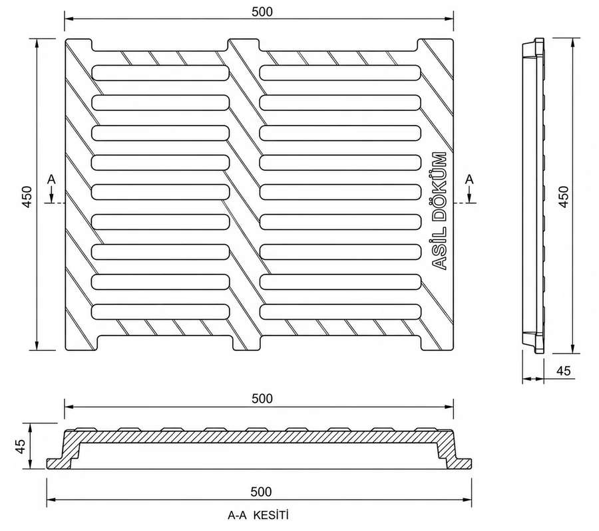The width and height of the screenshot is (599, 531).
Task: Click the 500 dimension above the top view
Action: tap(262, 12)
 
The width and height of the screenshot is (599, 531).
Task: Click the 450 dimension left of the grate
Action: tap(27, 197)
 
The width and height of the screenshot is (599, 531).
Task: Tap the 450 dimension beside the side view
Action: tap(564, 197)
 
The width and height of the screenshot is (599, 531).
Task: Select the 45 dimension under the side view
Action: tap(564, 371)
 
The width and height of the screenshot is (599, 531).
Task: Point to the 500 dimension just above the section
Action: tap(262, 399)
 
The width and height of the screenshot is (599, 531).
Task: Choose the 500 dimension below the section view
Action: tap(262, 492)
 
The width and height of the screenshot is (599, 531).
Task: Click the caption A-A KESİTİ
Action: tap(258, 515)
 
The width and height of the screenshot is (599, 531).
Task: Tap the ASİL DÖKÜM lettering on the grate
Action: tap(439, 211)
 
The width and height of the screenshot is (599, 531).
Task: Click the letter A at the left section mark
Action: tap(51, 179)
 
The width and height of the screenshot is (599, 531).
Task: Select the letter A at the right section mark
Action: tap(469, 179)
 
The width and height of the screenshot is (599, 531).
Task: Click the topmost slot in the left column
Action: tap(160, 73)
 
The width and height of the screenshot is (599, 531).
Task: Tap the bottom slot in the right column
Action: tap(340, 312)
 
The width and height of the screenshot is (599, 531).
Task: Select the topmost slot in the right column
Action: tap(340, 73)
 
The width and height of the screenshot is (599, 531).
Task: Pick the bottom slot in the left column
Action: tap(160, 312)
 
